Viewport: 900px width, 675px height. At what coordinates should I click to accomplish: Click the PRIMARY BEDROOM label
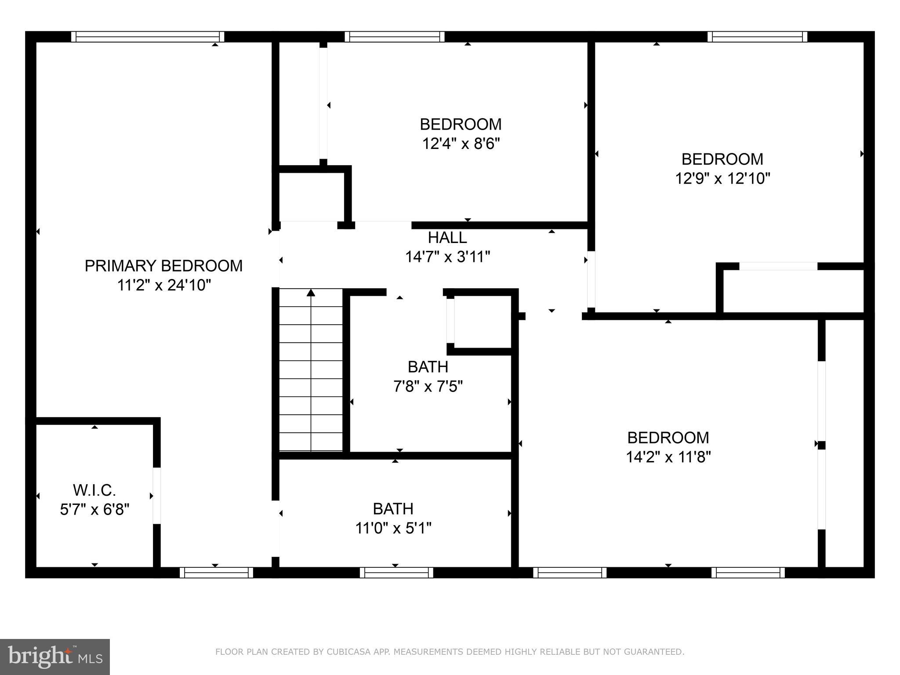(x=163, y=266)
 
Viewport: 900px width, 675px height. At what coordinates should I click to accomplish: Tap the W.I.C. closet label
(x=94, y=490)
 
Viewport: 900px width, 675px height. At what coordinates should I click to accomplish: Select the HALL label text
(x=447, y=238)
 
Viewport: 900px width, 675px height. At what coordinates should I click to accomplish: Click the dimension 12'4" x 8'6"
(x=461, y=144)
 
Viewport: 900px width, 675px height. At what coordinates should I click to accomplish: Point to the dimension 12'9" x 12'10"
(x=722, y=178)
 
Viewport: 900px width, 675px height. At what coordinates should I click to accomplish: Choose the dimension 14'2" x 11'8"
(x=668, y=457)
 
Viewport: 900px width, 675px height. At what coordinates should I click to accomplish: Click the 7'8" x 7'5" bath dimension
(x=428, y=386)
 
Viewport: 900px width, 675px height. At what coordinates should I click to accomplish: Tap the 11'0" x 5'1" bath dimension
(x=393, y=528)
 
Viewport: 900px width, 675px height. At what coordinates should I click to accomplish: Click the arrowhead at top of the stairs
(x=311, y=293)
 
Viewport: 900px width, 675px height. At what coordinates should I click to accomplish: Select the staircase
(x=311, y=370)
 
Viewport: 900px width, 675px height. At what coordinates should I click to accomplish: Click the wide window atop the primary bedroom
(x=148, y=36)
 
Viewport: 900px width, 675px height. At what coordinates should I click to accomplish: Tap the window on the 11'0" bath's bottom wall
(x=396, y=572)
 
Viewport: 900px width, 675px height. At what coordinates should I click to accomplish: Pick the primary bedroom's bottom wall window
(x=216, y=572)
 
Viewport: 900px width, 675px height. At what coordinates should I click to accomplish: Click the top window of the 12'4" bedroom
(x=394, y=36)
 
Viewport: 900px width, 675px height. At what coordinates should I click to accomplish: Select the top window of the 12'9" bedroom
(x=757, y=36)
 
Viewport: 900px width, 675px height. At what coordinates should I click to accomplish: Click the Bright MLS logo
(x=55, y=657)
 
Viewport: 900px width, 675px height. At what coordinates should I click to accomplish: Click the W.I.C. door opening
(x=157, y=496)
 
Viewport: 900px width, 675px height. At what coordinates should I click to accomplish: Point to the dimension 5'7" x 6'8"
(x=94, y=509)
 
